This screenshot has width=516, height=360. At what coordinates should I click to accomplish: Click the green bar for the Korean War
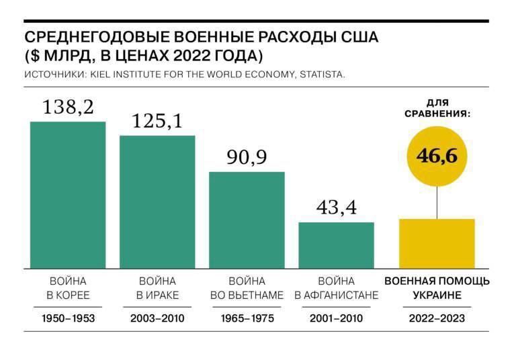coord(68,195)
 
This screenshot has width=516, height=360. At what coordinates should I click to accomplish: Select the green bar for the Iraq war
coord(157,201)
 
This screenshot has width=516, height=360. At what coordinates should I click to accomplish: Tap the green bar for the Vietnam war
coord(247,220)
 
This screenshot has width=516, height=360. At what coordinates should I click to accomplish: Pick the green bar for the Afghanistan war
coord(336,245)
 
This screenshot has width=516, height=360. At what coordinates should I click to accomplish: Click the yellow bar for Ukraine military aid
coord(437,243)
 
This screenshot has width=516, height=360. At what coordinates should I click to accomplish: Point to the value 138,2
coord(68,106)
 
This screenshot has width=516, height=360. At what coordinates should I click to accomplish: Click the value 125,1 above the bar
coord(157,121)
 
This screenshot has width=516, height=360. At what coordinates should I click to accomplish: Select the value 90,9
coord(247,157)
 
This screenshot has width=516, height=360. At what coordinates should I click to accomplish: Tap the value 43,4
coord(336,208)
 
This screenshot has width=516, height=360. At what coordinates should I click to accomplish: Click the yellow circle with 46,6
coord(437,156)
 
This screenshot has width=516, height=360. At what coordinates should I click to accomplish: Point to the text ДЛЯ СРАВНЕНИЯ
coord(437,108)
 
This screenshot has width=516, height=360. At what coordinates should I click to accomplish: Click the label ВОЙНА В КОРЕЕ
coord(68,287)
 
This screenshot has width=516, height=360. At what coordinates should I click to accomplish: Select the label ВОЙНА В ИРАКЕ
coord(157,287)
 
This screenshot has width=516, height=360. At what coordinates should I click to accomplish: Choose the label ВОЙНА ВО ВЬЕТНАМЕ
coord(247,287)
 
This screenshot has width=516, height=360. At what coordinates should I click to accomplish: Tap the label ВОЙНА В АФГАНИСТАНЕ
coord(336,287)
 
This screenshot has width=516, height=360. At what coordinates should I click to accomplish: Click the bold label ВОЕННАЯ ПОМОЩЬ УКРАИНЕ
coord(437,287)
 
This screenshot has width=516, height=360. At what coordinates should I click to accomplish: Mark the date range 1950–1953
coord(68,319)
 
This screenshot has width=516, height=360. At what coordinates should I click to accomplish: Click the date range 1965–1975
coord(247,319)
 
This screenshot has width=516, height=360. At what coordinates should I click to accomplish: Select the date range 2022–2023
coord(437,319)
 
